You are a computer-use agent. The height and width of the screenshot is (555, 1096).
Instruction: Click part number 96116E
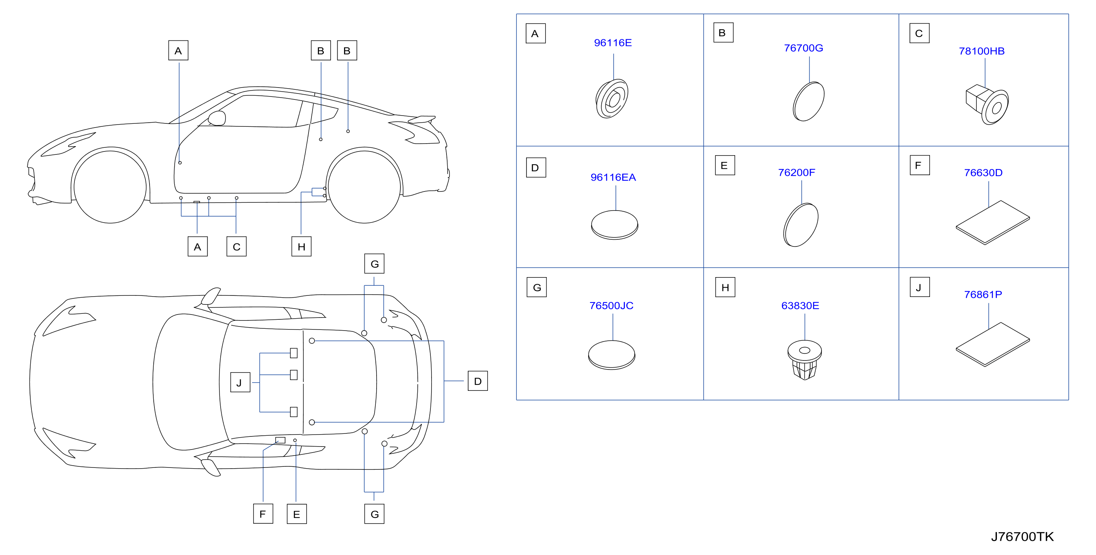point(613,43)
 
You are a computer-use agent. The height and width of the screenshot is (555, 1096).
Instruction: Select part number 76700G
point(803,48)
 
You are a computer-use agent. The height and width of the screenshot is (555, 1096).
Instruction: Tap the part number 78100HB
point(982,51)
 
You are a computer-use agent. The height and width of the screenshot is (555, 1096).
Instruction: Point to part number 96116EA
point(613,178)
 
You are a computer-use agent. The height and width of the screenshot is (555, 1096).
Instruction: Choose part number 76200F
point(796,172)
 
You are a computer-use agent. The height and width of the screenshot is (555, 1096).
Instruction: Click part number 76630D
point(983,173)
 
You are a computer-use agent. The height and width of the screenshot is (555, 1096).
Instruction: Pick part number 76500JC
point(611,306)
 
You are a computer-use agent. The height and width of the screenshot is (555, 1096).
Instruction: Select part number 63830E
point(800,306)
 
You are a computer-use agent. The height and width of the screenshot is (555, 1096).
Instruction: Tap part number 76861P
point(983,295)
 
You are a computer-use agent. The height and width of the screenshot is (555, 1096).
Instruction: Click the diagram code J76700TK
point(1022,537)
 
